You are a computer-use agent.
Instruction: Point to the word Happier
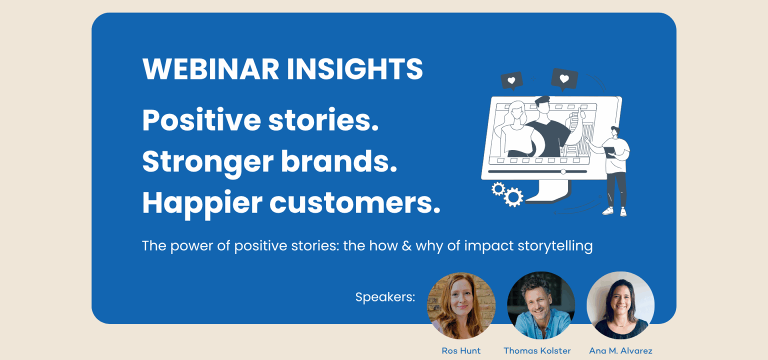202,203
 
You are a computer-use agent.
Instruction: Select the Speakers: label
385,297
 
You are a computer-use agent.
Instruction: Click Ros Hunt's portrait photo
461,305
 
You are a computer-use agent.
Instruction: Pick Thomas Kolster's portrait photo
541,305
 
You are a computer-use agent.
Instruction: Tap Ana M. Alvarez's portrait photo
620,305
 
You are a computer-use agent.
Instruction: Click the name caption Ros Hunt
461,350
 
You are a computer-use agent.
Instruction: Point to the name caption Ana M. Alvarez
620,350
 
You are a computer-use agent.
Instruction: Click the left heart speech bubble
511,80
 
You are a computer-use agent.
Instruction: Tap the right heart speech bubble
564,78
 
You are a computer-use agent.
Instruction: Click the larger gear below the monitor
513,197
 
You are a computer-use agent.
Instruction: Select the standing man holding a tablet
616,170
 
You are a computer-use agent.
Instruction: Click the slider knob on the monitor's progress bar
563,171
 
